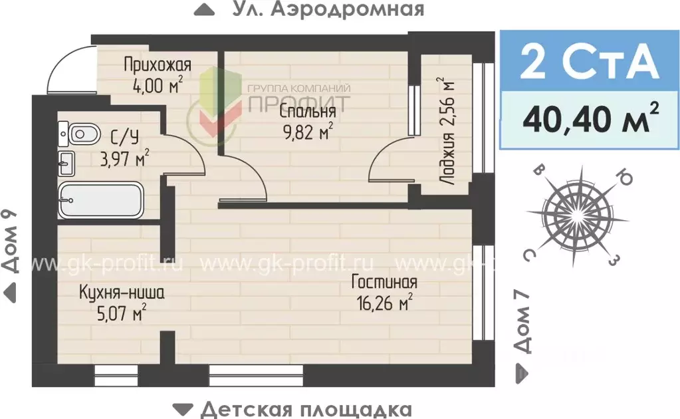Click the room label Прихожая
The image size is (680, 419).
(158, 65)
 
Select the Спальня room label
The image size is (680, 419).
(307, 111)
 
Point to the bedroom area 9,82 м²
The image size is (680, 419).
(306, 132)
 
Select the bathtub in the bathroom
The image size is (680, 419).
(101, 200)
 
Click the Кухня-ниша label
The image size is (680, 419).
(121, 292)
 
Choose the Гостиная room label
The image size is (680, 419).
(384, 282)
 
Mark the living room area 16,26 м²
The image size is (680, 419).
(385, 303)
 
